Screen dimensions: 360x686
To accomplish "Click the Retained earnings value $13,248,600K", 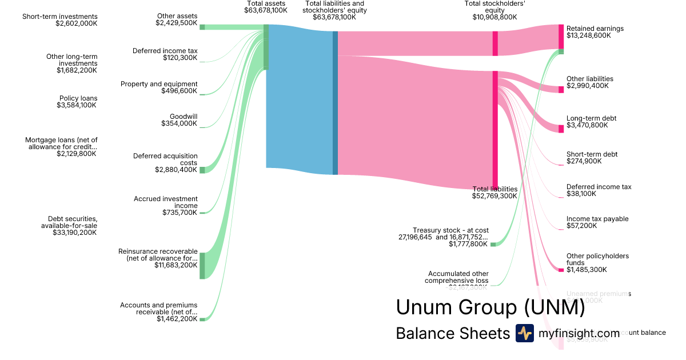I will (588, 35).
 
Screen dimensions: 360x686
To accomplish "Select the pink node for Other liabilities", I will (561, 90).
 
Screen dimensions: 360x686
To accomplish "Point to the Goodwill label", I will (184, 117).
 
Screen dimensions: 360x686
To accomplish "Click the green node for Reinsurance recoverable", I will (202, 265).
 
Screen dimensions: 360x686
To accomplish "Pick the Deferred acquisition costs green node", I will (202, 170).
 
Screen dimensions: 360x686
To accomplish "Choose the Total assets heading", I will (266, 3).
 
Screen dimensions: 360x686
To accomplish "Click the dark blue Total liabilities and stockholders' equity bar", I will (335, 103).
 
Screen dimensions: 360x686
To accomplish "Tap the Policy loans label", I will (78, 98).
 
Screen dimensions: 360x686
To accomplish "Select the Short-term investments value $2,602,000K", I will (77, 23).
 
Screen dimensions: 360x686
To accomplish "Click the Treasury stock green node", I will (493, 245).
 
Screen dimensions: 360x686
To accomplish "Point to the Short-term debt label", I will (592, 154).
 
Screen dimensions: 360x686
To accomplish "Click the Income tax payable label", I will (597, 219).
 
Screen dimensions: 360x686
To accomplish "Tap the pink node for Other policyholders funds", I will (561, 270).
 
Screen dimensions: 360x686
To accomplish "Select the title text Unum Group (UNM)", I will (490, 307).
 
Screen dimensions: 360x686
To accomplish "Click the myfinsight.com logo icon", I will (524, 333).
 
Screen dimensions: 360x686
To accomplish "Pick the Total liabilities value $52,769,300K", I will (494, 196).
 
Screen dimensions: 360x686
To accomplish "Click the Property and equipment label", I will (159, 84).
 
